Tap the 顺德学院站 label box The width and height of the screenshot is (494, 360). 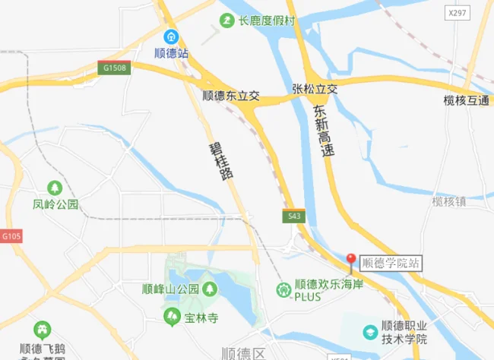click(391, 264)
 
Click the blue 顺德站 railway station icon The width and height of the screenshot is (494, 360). click(172, 36)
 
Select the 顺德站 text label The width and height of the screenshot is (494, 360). click(172, 54)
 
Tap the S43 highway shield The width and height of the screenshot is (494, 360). click(295, 216)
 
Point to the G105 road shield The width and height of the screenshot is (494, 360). click(11, 237)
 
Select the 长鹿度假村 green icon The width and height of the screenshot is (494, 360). click(226, 21)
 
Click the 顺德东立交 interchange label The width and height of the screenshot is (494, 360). click(231, 96)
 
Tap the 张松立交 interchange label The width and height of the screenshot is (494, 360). click(314, 89)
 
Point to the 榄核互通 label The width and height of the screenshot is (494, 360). click(467, 100)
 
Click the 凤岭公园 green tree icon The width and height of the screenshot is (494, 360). click(55, 188)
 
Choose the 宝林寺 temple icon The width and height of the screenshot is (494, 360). click(173, 315)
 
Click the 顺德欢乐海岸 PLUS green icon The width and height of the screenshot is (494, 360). click(283, 289)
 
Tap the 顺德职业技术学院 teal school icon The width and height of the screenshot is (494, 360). click(370, 331)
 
